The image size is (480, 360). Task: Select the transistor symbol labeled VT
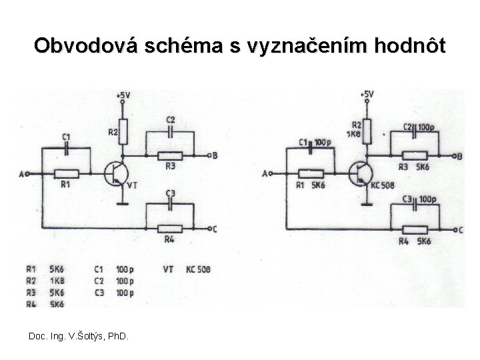[117, 174]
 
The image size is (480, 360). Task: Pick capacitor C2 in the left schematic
[170, 131]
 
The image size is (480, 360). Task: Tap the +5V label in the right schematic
[367, 95]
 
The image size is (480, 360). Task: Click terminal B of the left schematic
[213, 156]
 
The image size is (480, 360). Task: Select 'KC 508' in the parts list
[198, 269]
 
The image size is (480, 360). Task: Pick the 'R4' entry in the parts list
[31, 303]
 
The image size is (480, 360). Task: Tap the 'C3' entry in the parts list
[99, 292]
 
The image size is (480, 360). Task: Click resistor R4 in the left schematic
[169, 228]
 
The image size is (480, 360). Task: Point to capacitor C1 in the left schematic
[65, 150]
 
